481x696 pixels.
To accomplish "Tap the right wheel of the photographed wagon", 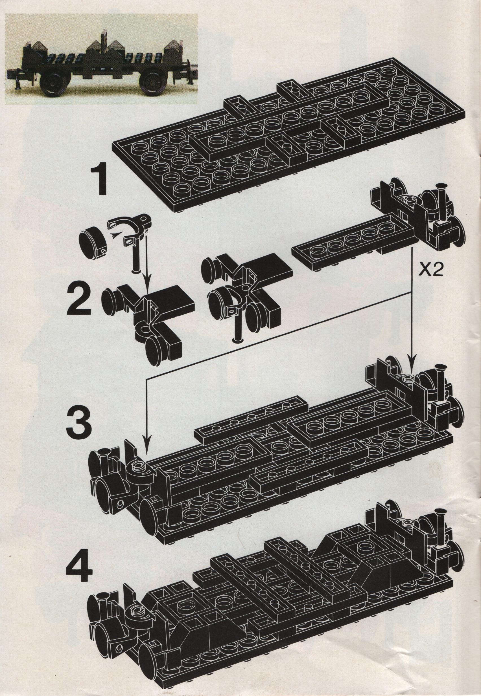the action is [152, 81].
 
